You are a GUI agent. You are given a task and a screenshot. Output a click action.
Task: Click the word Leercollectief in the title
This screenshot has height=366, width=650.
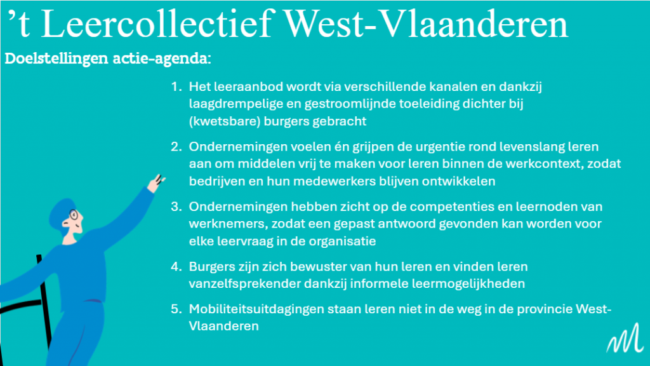tap(158, 24)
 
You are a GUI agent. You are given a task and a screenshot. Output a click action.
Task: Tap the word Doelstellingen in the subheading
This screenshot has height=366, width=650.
tap(56, 58)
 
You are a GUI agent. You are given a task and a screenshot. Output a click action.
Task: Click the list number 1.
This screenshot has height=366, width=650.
tap(176, 86)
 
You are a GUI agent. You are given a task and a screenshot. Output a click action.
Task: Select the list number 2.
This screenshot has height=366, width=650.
tap(176, 147)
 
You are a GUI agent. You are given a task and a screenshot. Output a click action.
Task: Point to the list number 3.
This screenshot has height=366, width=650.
tap(176, 207)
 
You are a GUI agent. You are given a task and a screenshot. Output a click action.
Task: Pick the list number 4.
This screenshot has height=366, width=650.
tap(176, 266)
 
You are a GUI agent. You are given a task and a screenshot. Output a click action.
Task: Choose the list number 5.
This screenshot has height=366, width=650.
tap(176, 309)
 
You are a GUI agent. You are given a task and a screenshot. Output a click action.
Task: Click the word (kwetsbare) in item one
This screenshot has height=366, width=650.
tap(224, 121)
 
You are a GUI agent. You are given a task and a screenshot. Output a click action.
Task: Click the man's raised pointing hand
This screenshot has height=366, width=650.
tap(156, 183)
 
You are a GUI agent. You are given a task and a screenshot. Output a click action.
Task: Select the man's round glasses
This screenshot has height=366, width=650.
tap(74, 215)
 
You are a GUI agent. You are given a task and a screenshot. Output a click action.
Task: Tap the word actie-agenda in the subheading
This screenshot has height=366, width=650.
tap(162, 58)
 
